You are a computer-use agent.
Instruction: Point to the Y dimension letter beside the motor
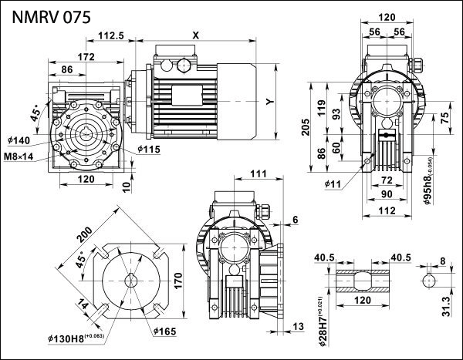click(269, 101)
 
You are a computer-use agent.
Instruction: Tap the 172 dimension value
click(87, 56)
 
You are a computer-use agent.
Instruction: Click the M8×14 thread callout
click(19, 156)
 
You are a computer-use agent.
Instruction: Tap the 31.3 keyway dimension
click(446, 307)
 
